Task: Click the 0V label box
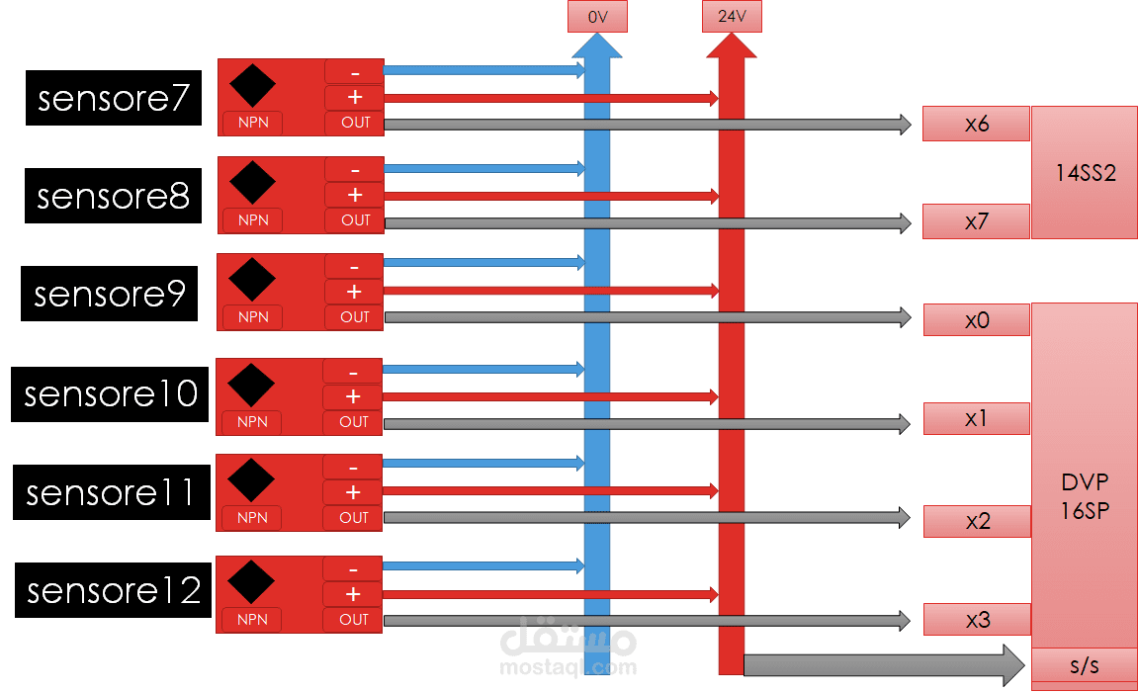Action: coord(597,17)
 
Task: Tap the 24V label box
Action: coord(732,17)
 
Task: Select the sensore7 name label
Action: coord(114,98)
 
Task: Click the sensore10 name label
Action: coord(111,393)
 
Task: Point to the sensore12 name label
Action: coord(114,590)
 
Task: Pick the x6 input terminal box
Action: coord(976,124)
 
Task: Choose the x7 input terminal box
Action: coord(976,221)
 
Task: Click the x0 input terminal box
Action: coord(976,320)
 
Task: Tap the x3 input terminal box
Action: coord(977,620)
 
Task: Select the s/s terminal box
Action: coord(1084,665)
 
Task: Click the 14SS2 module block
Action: coord(1084,173)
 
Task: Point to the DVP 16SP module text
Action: coord(1084,496)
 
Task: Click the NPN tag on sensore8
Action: coord(253,219)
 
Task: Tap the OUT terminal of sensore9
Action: coord(354,317)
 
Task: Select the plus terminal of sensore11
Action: coord(353,492)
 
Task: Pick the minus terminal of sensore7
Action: coord(354,71)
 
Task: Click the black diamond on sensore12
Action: coord(251,581)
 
